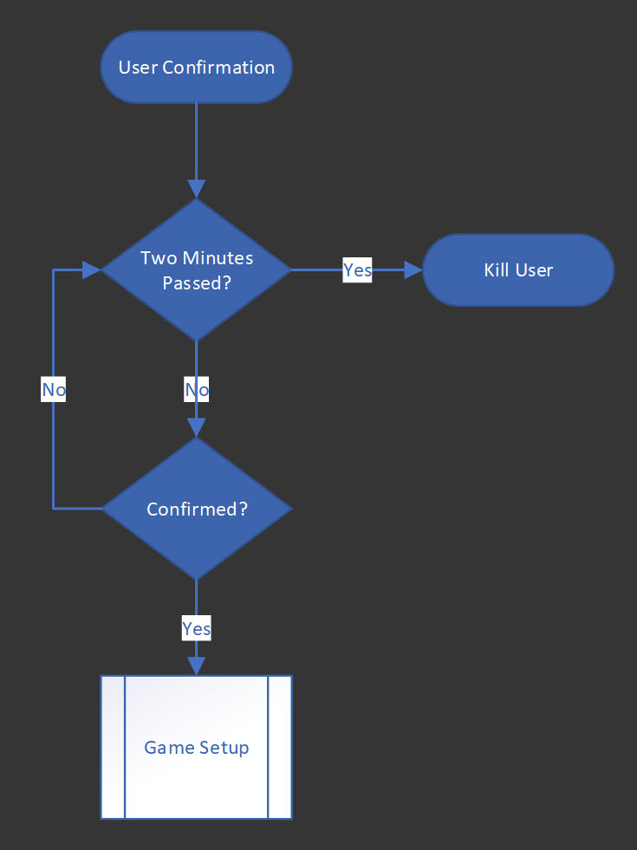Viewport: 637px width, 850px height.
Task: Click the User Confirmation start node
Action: tap(197, 68)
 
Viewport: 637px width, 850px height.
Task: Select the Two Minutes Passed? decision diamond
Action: tap(197, 269)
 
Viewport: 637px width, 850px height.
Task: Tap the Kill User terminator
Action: tap(518, 269)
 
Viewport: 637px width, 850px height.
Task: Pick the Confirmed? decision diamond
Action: tap(197, 509)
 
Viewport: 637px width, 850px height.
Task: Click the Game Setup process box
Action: tap(197, 747)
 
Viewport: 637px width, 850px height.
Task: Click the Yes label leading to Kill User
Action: tap(357, 269)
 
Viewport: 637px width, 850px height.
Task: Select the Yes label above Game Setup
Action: tap(197, 628)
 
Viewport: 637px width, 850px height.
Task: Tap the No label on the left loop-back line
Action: tap(54, 390)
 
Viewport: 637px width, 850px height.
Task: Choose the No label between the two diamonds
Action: tap(197, 390)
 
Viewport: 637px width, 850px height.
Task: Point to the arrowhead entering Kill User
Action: tap(413, 269)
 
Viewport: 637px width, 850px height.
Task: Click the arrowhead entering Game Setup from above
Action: tap(197, 665)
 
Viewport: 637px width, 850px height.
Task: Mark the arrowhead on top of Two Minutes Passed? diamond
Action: tap(197, 189)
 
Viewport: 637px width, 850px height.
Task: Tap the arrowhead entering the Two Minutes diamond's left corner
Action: tap(92, 269)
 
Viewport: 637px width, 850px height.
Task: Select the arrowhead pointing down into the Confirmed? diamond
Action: tap(197, 427)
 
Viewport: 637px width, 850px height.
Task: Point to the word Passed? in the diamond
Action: tap(197, 282)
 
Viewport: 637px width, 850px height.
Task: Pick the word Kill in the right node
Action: tap(497, 269)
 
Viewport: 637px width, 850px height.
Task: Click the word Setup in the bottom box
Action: tap(225, 747)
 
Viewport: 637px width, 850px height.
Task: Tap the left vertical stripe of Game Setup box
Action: tap(114, 747)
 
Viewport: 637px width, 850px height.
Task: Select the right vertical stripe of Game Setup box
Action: tap(279, 747)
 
